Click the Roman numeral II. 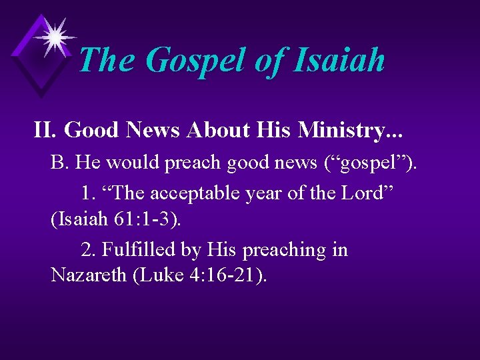(45, 131)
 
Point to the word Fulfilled (131, 250)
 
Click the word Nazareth (89, 275)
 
